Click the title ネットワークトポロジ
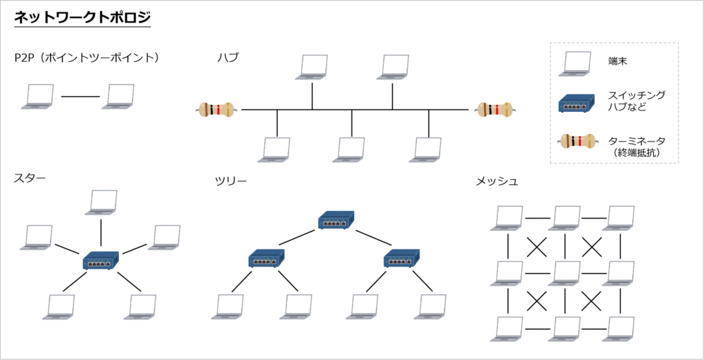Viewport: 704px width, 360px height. pyautogui.click(x=82, y=18)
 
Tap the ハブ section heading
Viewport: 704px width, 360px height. pyautogui.click(x=228, y=58)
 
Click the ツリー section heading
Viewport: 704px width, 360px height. pyautogui.click(x=230, y=181)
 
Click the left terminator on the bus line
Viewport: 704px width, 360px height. pyautogui.click(x=216, y=109)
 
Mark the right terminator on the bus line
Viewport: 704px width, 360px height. pyautogui.click(x=494, y=109)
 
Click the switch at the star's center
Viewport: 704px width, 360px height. pyautogui.click(x=101, y=260)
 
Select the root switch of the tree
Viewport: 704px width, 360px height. pyautogui.click(x=335, y=221)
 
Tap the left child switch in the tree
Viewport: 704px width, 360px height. pyautogui.click(x=266, y=259)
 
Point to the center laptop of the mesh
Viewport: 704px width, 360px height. pyautogui.click(x=565, y=273)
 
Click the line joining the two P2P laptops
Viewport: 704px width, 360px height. pyautogui.click(x=80, y=96)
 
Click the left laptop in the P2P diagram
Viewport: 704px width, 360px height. pyautogui.click(x=36, y=97)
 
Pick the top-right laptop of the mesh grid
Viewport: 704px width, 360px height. pyautogui.click(x=618, y=218)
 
